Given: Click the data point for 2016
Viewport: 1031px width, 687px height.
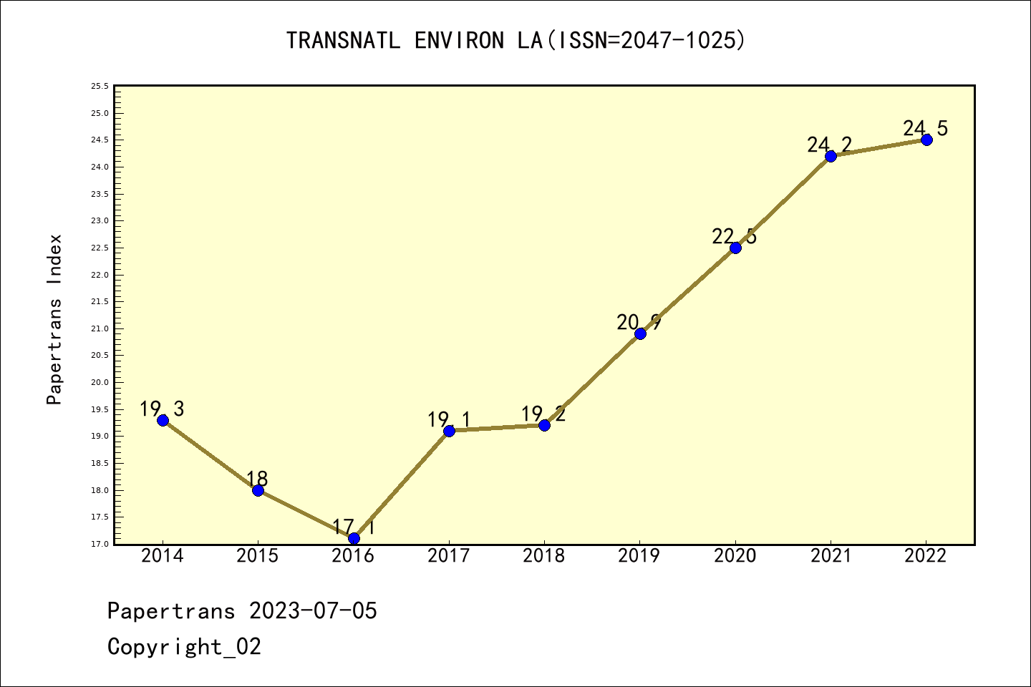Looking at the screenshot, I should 354,538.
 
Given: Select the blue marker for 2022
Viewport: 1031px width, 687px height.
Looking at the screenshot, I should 926,140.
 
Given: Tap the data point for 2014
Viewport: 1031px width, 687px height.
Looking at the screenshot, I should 163,420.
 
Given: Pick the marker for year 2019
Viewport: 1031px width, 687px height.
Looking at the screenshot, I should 640,333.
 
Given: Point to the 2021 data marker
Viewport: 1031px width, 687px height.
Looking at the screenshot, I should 831,156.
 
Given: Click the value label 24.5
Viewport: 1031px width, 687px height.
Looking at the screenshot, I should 925,129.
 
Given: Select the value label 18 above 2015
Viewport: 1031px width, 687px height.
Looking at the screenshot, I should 257,479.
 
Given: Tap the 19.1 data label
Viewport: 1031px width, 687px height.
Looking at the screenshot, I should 449,420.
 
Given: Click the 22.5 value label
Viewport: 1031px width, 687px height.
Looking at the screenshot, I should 734,236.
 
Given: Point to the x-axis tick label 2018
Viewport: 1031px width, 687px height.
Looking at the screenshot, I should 544,556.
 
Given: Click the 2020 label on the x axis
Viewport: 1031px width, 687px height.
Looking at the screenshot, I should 735,556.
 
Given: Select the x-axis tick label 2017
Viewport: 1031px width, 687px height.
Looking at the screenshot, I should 448,556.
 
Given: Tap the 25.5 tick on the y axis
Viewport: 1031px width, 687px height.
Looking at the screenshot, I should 100,87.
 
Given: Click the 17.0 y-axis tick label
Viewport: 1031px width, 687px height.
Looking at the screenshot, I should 100,544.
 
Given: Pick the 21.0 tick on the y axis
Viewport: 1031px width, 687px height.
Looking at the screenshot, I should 100,328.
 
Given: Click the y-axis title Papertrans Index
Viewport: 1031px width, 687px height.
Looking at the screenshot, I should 54,319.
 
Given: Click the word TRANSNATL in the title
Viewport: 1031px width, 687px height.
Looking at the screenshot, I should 343,41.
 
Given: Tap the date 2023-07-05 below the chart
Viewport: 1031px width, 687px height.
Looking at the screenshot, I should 313,611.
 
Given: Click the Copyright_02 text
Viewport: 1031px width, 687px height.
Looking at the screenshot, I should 184,647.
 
